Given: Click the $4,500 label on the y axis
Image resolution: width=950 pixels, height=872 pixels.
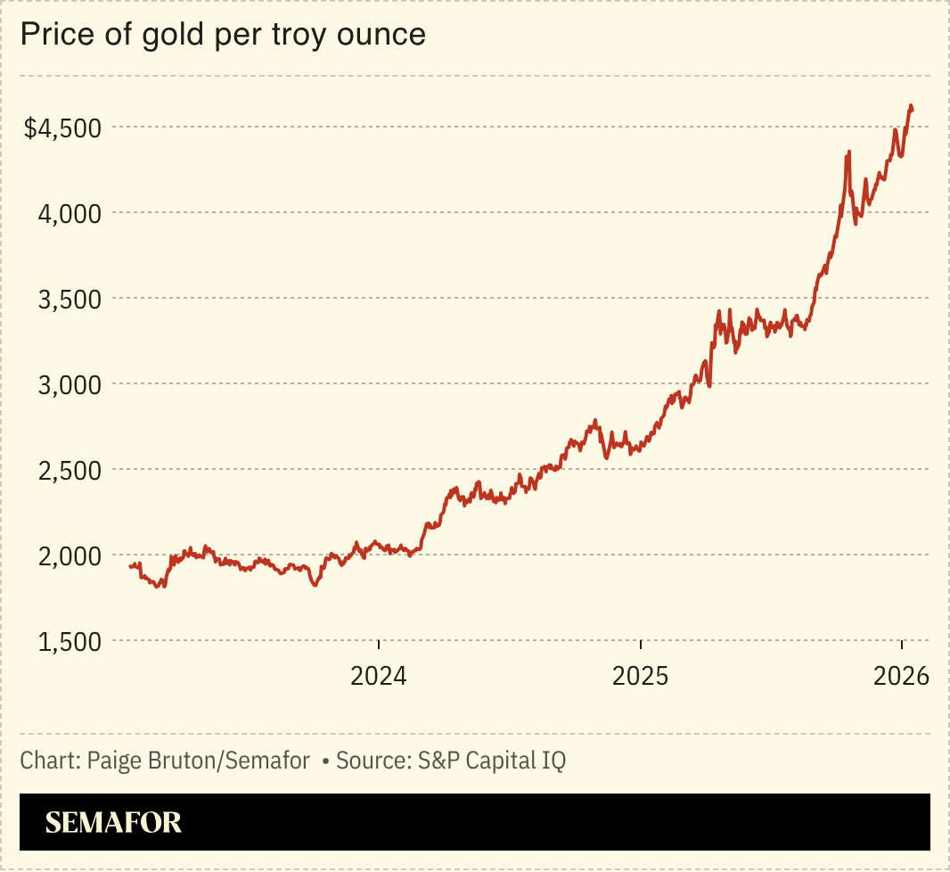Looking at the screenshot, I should click(x=63, y=128).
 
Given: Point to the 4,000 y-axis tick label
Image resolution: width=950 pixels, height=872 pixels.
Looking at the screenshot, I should click(x=70, y=213).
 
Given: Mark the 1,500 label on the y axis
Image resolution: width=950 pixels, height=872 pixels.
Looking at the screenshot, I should click(x=70, y=641).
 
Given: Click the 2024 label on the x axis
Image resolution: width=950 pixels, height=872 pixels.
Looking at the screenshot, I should click(x=379, y=676).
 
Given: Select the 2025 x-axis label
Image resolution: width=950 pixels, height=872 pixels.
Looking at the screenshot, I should click(x=641, y=676).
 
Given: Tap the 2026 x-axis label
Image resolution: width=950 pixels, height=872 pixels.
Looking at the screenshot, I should click(x=902, y=676).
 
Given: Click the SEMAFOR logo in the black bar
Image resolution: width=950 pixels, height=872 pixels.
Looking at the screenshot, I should click(x=113, y=822).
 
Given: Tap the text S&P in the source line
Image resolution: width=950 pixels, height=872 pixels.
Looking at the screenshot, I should click(x=436, y=761).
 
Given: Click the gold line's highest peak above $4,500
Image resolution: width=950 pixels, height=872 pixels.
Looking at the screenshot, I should click(x=911, y=106).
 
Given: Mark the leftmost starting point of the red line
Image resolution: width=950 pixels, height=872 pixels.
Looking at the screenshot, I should click(x=130, y=566).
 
